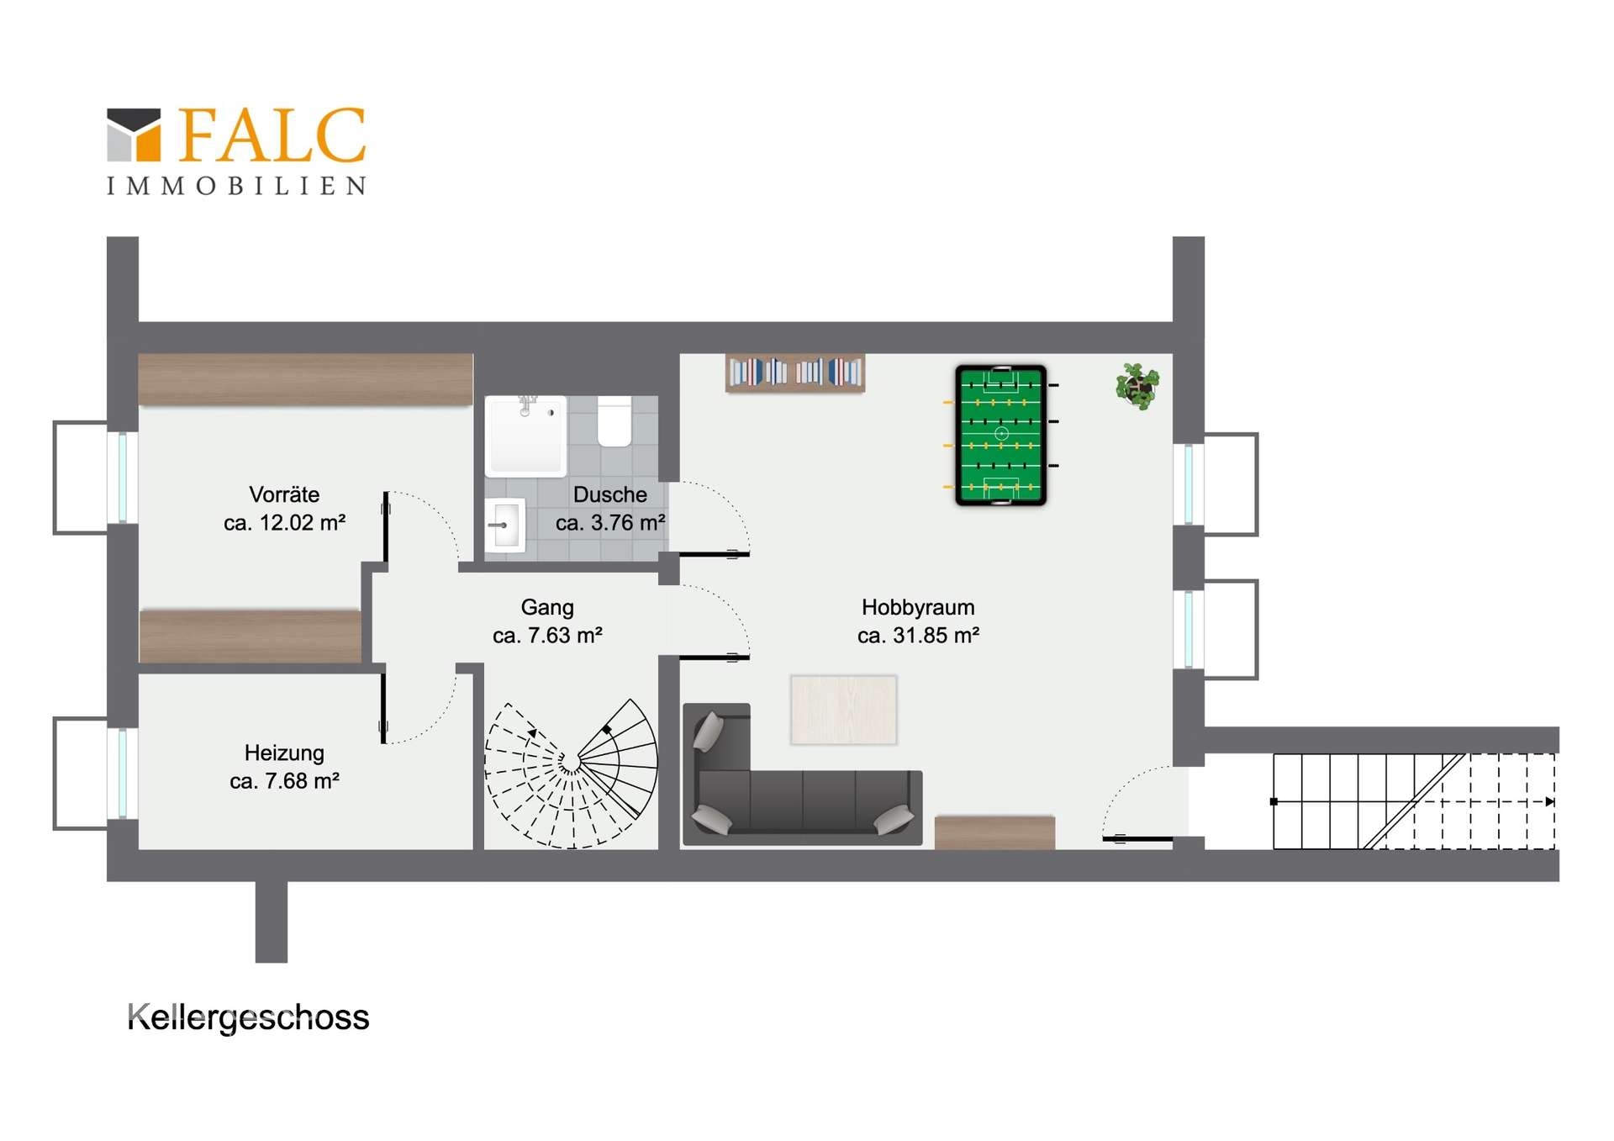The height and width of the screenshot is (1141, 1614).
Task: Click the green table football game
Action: click(x=1000, y=435)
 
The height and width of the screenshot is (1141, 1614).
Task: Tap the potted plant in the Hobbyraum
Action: click(x=1137, y=386)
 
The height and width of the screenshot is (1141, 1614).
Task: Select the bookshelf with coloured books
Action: click(x=794, y=372)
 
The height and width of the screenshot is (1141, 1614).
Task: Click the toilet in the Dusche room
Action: click(x=614, y=421)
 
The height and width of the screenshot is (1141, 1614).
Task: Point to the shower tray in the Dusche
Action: click(x=526, y=436)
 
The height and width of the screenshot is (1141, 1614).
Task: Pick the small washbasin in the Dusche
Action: click(x=505, y=526)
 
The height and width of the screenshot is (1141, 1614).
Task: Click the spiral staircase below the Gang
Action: click(x=571, y=773)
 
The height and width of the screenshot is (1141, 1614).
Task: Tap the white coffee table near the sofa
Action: click(x=843, y=710)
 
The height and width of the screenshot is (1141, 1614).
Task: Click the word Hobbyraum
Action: click(x=918, y=607)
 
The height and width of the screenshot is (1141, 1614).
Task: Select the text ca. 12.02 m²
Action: click(x=284, y=523)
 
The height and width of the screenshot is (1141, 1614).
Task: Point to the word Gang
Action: click(x=547, y=607)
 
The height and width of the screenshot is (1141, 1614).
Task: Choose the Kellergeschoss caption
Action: click(x=248, y=1018)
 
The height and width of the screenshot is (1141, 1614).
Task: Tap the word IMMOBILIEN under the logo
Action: click(x=236, y=186)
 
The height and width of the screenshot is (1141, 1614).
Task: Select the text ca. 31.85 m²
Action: click(x=918, y=636)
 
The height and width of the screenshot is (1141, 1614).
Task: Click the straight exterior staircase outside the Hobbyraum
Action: click(x=1414, y=801)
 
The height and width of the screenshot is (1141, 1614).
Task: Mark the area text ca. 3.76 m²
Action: click(x=610, y=523)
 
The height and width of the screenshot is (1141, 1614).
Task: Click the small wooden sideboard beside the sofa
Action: click(x=994, y=832)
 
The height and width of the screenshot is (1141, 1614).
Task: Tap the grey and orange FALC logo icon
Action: click(x=134, y=135)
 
